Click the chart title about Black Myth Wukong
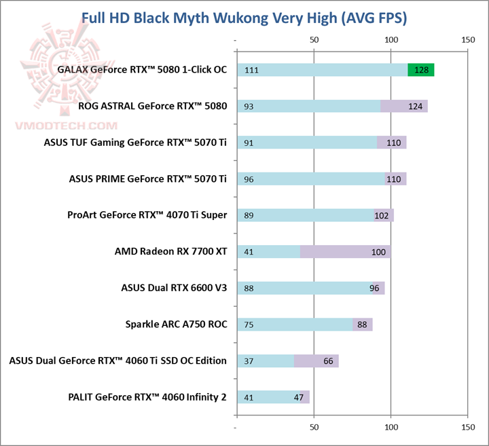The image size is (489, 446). tap(244, 17)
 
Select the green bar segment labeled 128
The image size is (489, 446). tap(420, 70)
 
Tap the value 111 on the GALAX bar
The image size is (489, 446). tap(251, 70)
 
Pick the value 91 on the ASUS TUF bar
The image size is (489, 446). tap(249, 143)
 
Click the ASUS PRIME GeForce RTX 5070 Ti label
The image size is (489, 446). tap(147, 179)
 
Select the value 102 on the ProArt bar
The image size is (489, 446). tap(383, 215)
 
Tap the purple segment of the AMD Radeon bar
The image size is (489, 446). tap(345, 252)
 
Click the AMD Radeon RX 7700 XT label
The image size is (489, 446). tap(170, 252)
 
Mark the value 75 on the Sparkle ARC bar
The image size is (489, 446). tap(249, 324)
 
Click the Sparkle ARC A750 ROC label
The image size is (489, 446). tap(176, 324)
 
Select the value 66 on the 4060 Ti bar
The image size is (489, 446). tap(329, 360)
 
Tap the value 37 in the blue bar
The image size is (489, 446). tap(249, 360)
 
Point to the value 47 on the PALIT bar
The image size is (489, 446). tap(299, 397)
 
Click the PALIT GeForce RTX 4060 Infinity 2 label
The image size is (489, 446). tap(147, 397)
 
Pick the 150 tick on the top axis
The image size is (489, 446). tap(467, 40)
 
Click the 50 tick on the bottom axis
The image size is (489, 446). tap(314, 428)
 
